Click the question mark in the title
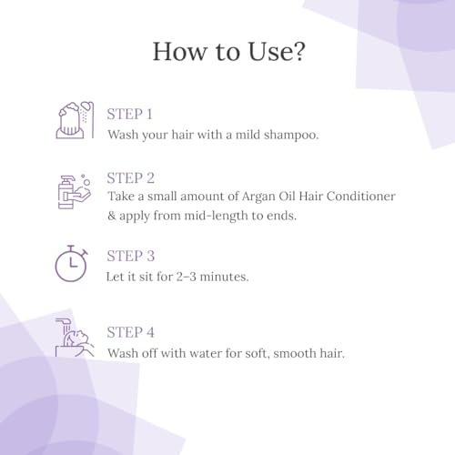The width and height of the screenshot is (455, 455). [298, 51]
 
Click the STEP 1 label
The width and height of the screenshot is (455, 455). [129, 115]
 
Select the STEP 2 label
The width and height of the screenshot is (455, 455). [131, 178]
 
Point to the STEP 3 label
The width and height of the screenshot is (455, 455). [131, 256]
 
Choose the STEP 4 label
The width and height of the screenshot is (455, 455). [131, 332]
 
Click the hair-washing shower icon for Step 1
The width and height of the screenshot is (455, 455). [75, 120]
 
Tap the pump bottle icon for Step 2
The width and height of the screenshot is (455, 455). [75, 192]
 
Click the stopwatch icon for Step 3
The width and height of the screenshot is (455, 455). [72, 263]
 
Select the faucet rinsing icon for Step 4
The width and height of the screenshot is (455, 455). [75, 338]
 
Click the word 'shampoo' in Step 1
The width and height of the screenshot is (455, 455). [290, 135]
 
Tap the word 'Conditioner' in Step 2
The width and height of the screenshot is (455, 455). [361, 197]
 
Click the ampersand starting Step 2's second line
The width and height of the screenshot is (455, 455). [112, 216]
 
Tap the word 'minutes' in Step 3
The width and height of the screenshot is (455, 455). [224, 277]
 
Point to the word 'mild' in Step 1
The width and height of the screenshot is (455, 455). [248, 135]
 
